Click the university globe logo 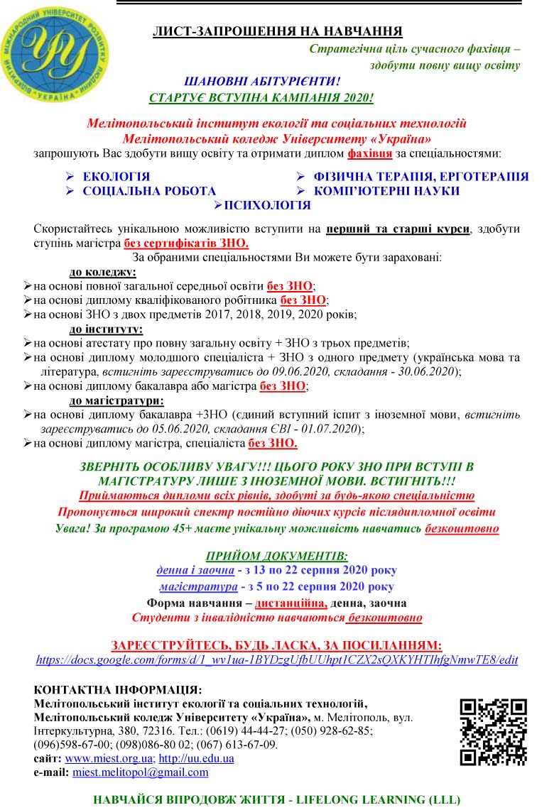point(55,55)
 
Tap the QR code point(493,732)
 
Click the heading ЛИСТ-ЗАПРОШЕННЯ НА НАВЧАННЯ point(278,31)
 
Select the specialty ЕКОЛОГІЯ point(116,177)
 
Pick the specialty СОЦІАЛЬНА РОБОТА point(149,191)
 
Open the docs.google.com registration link point(277,660)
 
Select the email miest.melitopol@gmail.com point(141,772)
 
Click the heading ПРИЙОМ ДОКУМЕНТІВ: point(277,555)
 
